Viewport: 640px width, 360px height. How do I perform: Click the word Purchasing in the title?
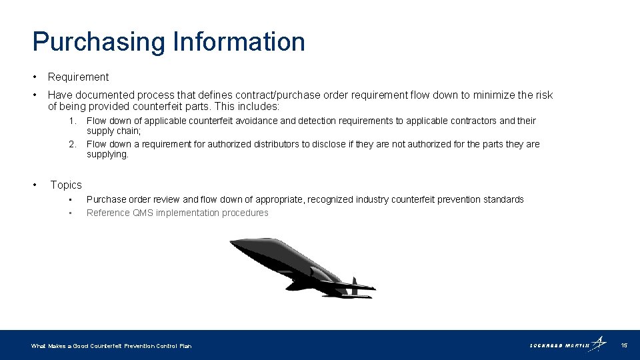(x=99, y=42)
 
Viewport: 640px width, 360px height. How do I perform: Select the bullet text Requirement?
(x=78, y=77)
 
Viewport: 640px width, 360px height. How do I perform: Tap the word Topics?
(x=66, y=185)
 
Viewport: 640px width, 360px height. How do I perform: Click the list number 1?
(x=74, y=121)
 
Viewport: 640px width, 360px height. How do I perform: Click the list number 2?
(x=74, y=144)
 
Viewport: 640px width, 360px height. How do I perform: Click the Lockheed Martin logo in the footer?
(x=568, y=345)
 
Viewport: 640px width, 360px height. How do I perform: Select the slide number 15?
(x=624, y=345)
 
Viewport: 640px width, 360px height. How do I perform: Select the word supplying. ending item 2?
(x=107, y=155)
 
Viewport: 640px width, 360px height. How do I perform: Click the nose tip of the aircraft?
(x=231, y=242)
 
